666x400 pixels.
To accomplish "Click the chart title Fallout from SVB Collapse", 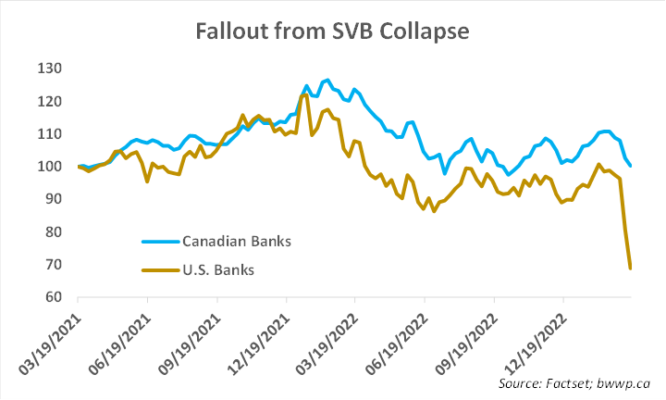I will click(333, 31).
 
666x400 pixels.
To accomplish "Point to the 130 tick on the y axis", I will click(49, 69).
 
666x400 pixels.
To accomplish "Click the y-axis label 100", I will click(49, 167).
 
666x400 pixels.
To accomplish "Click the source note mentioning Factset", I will click(574, 382).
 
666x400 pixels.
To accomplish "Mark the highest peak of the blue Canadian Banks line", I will click(327, 80).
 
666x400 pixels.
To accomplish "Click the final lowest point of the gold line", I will click(631, 269).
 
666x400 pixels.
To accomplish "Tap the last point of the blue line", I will click(631, 167).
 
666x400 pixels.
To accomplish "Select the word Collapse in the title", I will click(426, 31).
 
